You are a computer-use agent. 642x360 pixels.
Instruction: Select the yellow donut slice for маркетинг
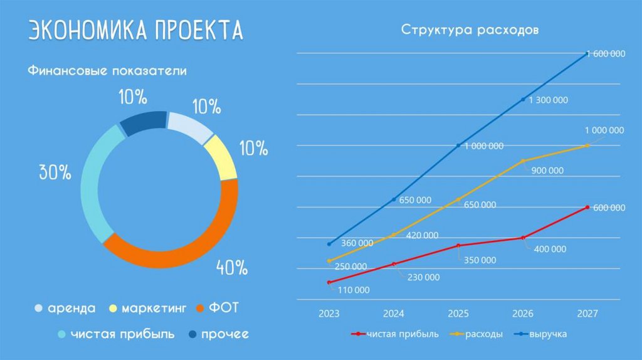coord(221,157)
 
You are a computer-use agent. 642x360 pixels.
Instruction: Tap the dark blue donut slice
coord(143,123)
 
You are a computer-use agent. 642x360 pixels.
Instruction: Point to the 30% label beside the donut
coord(55,172)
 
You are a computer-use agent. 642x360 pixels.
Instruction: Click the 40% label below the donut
coord(232,268)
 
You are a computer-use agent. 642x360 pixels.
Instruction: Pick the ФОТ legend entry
coord(219,309)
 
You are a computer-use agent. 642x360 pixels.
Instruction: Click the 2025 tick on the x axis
coord(458,313)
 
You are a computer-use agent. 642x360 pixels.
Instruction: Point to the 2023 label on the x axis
coord(329,313)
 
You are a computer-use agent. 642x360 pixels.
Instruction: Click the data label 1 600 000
coord(606,54)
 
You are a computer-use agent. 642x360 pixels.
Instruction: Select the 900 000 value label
coord(547,171)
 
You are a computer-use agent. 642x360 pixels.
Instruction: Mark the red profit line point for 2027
coord(587,207)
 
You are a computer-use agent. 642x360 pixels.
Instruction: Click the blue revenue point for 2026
coord(523,100)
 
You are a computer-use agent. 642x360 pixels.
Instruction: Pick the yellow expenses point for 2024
coord(394,235)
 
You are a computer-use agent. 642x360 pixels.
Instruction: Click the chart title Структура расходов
coord(470,30)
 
